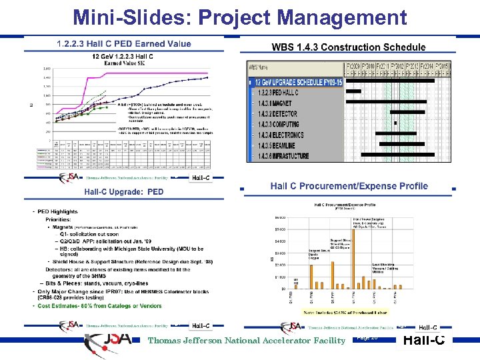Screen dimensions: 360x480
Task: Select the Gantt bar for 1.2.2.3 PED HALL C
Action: point(353,92)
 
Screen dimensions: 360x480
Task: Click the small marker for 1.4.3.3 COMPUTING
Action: point(395,124)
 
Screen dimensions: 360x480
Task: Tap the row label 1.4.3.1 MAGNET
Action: point(275,103)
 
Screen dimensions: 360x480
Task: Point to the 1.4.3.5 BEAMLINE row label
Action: point(277,145)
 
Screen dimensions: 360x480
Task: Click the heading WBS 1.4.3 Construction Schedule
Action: point(348,47)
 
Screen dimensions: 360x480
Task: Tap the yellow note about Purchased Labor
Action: point(345,311)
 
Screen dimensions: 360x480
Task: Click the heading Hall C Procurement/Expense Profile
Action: point(349,186)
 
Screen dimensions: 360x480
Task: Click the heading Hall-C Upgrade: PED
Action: point(123,192)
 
